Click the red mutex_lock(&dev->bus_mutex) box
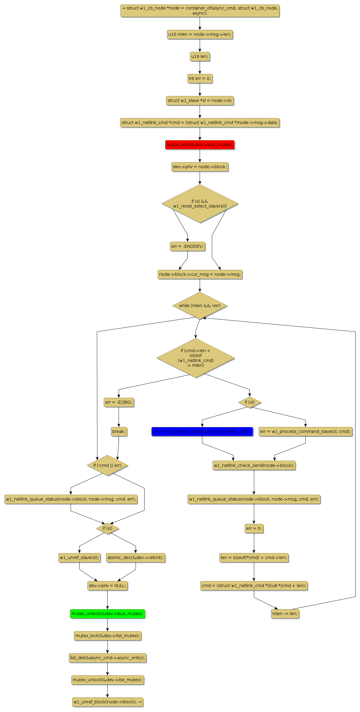click(x=200, y=145)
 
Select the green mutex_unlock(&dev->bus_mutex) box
click(x=107, y=614)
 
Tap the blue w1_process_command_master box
click(x=202, y=431)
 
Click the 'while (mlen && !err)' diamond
click(x=200, y=306)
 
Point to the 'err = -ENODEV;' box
click(x=187, y=246)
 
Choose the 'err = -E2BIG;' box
click(x=119, y=402)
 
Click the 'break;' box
click(x=119, y=431)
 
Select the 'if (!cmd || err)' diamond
click(x=107, y=465)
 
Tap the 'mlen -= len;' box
click(x=285, y=614)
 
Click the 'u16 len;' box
click(x=200, y=56)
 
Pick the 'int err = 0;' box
click(x=200, y=78)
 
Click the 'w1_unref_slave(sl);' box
click(x=79, y=558)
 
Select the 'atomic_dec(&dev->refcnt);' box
click(x=136, y=558)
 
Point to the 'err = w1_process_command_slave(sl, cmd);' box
click(x=305, y=431)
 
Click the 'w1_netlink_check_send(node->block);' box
click(x=254, y=465)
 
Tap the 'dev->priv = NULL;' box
click(x=107, y=586)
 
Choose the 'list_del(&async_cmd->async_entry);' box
click(x=107, y=658)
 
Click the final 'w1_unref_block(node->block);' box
click(x=107, y=702)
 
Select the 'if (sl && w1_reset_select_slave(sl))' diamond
click(x=200, y=204)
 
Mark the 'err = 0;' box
click(x=254, y=528)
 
